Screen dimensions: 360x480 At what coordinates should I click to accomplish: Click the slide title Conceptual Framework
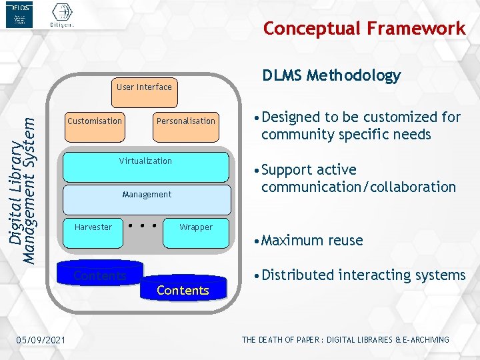point(364,29)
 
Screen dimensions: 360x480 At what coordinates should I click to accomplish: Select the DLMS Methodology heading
point(331,75)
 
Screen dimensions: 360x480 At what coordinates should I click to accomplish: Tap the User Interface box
point(144,91)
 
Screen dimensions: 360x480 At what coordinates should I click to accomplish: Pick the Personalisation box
point(185,126)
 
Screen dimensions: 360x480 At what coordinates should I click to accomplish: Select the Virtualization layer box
point(145,167)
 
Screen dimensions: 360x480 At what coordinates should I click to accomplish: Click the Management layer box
point(147,199)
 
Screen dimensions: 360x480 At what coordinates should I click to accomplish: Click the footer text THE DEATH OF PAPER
point(345,340)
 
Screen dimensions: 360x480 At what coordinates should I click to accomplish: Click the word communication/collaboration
point(359,187)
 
